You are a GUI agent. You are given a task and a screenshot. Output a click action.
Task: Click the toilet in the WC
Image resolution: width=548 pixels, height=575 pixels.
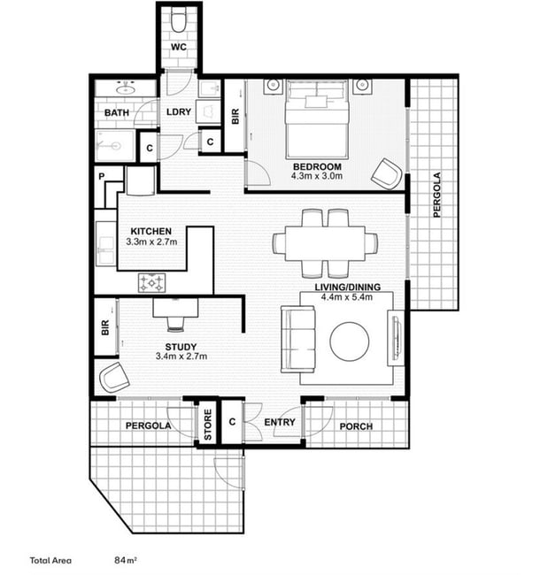tap(179, 21)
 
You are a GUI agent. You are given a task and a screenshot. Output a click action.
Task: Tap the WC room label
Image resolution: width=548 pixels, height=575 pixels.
tap(179, 47)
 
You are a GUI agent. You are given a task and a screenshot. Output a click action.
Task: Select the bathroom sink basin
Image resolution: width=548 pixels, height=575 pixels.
tap(125, 88)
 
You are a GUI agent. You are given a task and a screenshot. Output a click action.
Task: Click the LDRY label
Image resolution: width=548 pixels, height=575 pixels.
tap(179, 111)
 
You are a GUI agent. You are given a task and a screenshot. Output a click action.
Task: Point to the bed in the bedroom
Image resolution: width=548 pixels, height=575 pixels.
tap(317, 119)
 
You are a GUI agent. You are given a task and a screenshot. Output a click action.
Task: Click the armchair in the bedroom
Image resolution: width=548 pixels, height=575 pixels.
tap(386, 173)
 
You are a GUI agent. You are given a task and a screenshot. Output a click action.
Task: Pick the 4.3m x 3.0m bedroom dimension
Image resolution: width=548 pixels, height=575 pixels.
tap(317, 176)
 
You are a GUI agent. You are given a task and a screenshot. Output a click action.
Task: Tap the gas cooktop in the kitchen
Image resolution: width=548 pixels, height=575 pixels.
tap(151, 283)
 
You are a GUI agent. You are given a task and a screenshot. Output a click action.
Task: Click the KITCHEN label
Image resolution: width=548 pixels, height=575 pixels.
tap(151, 232)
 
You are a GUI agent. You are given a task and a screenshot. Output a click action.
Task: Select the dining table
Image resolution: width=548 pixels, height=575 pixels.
tap(325, 243)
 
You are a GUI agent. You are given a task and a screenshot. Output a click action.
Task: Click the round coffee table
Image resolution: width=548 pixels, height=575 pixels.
tap(350, 341)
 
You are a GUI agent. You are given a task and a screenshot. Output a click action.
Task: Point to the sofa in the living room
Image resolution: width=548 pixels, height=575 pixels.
tap(298, 339)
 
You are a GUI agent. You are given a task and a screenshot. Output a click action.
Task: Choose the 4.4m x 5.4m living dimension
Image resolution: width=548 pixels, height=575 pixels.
tap(347, 297)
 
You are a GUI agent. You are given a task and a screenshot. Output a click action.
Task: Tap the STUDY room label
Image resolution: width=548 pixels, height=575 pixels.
tap(181, 347)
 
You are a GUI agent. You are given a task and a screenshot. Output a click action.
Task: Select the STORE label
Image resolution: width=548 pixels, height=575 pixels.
tap(208, 425)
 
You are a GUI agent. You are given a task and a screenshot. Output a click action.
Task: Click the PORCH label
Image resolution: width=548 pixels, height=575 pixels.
tap(356, 426)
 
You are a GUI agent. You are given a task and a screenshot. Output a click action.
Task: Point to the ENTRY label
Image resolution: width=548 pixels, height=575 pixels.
tap(280, 423)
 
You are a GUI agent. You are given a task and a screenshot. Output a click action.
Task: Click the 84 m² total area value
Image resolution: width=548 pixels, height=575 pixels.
tap(126, 560)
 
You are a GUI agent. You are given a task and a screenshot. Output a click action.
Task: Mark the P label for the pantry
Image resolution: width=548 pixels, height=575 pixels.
tap(102, 176)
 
